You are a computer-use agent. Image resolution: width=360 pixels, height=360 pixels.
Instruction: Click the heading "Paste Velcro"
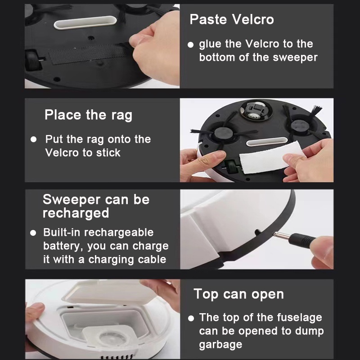232,19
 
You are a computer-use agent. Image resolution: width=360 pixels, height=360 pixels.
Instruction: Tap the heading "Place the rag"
88,115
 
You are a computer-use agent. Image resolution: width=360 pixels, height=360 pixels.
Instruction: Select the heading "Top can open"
239,294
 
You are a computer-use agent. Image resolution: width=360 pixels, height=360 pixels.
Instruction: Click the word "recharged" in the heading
76,213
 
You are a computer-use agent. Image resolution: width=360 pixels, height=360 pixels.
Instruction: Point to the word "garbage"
220,345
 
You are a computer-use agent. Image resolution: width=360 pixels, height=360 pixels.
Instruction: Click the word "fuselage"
299,318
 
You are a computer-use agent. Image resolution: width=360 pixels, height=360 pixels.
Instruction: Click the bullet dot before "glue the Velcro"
190,45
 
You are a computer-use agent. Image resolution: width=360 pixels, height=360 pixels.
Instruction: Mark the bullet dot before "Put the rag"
33,139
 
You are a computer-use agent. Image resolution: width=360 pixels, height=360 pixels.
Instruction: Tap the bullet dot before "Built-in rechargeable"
33,233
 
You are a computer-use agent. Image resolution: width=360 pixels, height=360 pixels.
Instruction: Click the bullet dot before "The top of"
191,318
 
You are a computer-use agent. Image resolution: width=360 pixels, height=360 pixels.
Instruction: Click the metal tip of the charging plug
280,235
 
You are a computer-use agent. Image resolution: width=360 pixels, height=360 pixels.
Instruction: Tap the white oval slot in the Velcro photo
85,22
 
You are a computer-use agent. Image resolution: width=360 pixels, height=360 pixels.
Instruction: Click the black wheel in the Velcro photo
33,60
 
